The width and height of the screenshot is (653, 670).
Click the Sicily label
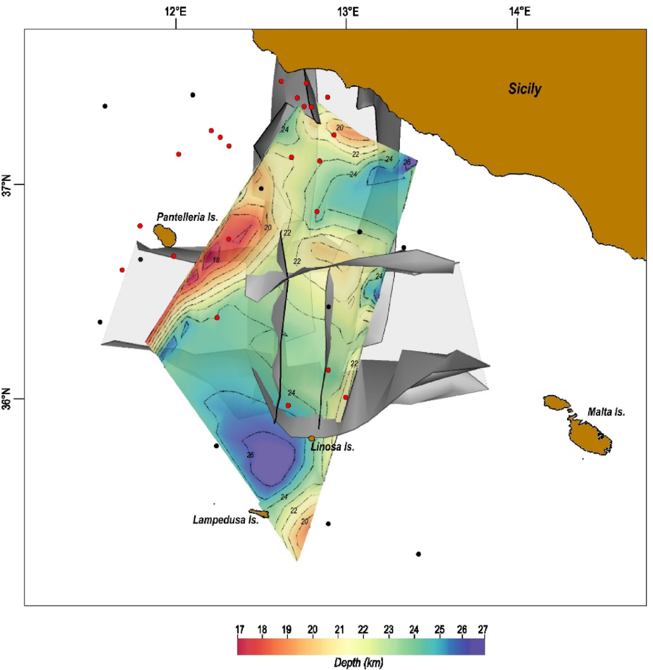[525, 89]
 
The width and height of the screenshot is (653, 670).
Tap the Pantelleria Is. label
[187, 217]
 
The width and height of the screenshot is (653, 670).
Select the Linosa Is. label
[332, 447]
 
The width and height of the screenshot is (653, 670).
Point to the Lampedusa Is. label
[225, 520]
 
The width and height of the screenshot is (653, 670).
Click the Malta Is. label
[606, 412]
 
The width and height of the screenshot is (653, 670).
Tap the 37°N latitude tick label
[8, 185]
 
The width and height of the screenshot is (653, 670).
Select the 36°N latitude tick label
[8, 399]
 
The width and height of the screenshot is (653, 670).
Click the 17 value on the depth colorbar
[239, 630]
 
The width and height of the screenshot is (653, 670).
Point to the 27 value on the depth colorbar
[483, 630]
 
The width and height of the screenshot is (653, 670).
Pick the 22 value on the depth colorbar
[363, 630]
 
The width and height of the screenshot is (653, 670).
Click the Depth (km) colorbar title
[359, 662]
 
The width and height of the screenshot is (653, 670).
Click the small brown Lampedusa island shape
[259, 513]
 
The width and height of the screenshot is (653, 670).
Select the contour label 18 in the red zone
[216, 260]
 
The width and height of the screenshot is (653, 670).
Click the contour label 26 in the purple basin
[250, 455]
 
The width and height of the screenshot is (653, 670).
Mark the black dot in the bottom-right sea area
[418, 554]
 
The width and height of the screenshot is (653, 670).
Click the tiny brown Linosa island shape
[312, 438]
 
